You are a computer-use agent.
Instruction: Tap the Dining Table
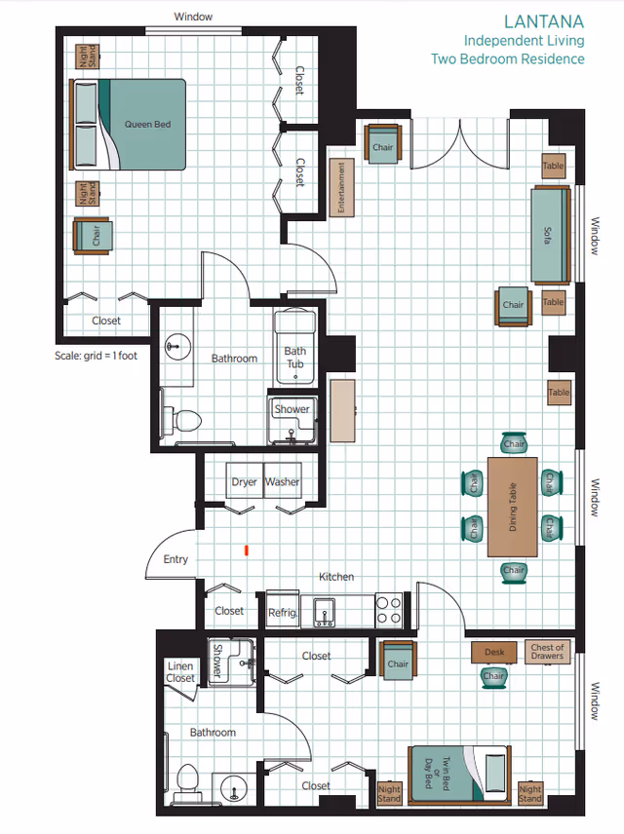point(513,506)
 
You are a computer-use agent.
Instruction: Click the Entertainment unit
point(342,188)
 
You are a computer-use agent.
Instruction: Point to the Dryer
point(244,481)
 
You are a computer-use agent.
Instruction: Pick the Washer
point(283,481)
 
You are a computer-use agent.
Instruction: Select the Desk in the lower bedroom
point(493,652)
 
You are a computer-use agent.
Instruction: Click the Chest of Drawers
point(547,652)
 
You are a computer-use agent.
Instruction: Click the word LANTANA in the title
point(543,20)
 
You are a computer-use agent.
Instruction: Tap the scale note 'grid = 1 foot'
point(96,356)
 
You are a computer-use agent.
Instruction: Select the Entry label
point(175,559)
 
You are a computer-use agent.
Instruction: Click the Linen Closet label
point(180,672)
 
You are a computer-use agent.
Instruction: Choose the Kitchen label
point(336,577)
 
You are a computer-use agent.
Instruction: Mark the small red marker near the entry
point(247,550)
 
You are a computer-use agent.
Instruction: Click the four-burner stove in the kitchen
point(389,610)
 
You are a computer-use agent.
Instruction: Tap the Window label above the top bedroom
point(193,17)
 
